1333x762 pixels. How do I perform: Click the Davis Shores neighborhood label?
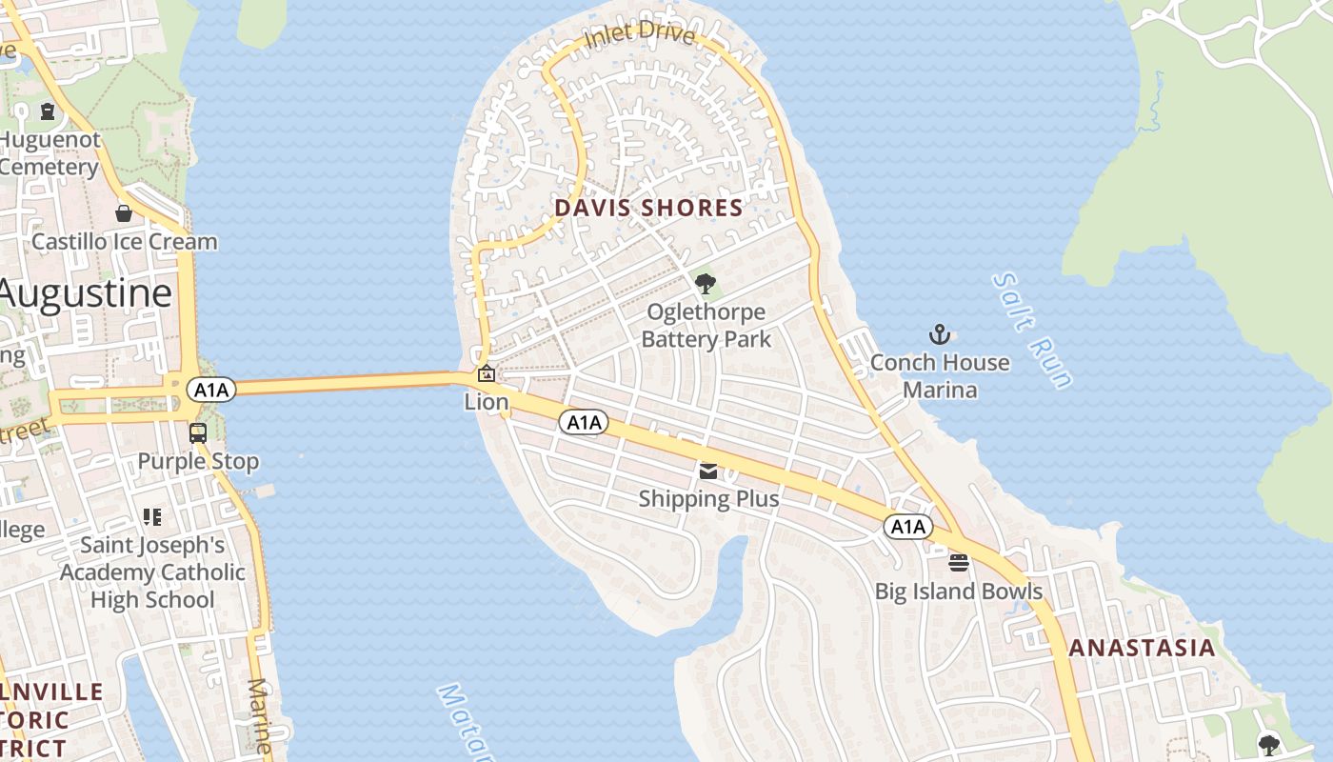pos(648,208)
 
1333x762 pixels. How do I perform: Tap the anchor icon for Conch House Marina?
pos(940,334)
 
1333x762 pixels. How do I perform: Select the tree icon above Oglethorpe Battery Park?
pos(706,283)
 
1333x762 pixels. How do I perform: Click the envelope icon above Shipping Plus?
pos(708,471)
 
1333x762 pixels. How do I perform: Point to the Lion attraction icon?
pos(486,374)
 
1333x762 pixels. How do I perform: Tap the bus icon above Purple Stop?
pos(198,433)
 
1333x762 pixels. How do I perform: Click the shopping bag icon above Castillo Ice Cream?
pos(124,213)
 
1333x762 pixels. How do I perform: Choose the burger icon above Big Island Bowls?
pos(959,563)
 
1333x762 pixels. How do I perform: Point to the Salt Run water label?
pos(1032,330)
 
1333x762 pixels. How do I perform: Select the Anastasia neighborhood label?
pos(1142,649)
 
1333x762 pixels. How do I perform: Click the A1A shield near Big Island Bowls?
pos(908,527)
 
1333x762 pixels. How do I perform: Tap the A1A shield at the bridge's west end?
pos(210,389)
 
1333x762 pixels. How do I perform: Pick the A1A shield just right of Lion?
pos(583,422)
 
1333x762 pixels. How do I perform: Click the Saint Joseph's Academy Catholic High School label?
pos(152,572)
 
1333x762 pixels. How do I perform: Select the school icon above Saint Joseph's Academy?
pos(152,517)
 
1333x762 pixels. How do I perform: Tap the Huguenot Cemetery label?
pos(50,153)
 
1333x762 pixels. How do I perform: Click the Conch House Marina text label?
pos(940,376)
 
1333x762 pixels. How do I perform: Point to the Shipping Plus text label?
pos(708,499)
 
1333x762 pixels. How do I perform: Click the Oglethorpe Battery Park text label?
pos(706,326)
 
